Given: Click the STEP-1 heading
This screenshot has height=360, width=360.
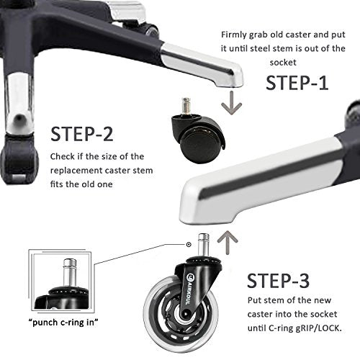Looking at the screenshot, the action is [x=297, y=83].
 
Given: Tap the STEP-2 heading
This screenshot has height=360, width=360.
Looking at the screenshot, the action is [x=82, y=134].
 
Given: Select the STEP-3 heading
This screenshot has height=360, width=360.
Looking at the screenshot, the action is [x=278, y=281].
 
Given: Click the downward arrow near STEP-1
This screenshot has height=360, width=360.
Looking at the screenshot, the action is [x=232, y=103].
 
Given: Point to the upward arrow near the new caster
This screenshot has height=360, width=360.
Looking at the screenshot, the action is [x=228, y=243].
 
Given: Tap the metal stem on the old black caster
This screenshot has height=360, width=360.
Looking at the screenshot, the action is [x=186, y=105].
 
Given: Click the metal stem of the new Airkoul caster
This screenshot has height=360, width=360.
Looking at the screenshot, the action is [x=203, y=246].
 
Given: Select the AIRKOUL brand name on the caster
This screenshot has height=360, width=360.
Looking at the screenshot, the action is [x=188, y=290].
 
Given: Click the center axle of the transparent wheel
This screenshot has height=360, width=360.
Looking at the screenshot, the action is [x=186, y=314].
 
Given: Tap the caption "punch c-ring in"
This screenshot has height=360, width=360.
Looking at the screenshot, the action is [x=63, y=323].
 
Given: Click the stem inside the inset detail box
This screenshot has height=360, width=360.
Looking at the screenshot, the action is [x=70, y=272].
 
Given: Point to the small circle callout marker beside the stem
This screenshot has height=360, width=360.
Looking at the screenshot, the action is [x=189, y=245].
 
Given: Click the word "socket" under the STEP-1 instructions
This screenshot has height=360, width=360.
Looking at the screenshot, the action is [x=283, y=63].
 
